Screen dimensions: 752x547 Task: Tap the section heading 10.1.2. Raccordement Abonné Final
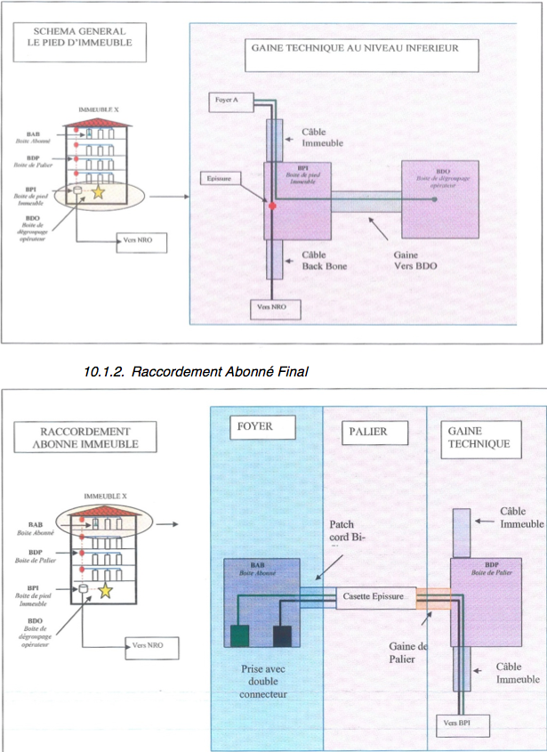[x=195, y=371]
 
